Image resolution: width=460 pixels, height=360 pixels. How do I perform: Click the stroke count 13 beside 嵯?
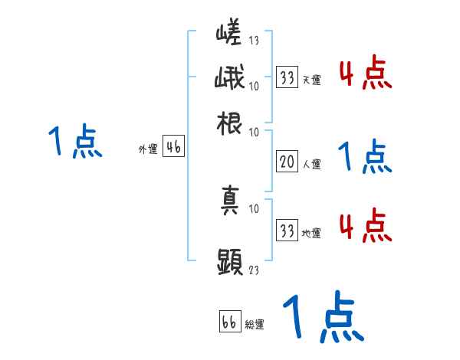(255, 39)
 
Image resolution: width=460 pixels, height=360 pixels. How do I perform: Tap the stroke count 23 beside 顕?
(255, 269)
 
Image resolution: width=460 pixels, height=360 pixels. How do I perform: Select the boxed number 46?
(173, 149)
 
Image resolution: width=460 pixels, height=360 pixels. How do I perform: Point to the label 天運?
(311, 80)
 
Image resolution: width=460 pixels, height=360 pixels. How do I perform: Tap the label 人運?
(311, 163)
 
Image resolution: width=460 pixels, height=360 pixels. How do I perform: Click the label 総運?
(255, 324)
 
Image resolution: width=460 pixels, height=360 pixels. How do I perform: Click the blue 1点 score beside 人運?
(365, 157)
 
